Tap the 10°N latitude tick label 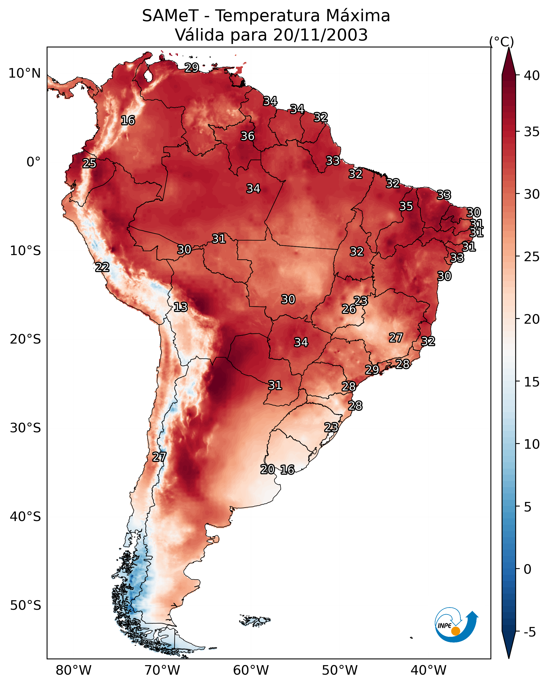pyautogui.click(x=24, y=73)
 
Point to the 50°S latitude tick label pyautogui.click(x=25, y=606)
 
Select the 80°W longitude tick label pyautogui.click(x=73, y=670)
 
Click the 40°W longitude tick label pyautogui.click(x=428, y=670)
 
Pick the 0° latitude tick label pyautogui.click(x=34, y=162)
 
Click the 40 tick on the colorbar pyautogui.click(x=532, y=75)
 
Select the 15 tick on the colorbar pyautogui.click(x=532, y=382)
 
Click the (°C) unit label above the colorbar pyautogui.click(x=502, y=42)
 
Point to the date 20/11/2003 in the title pyautogui.click(x=320, y=35)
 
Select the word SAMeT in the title pyautogui.click(x=170, y=16)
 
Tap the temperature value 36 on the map pyautogui.click(x=247, y=136)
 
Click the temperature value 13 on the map pyautogui.click(x=180, y=307)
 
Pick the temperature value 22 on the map pyautogui.click(x=102, y=267)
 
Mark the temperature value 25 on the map pyautogui.click(x=89, y=163)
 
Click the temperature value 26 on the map pyautogui.click(x=349, y=309)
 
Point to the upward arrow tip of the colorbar pyautogui.click(x=509, y=48)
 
